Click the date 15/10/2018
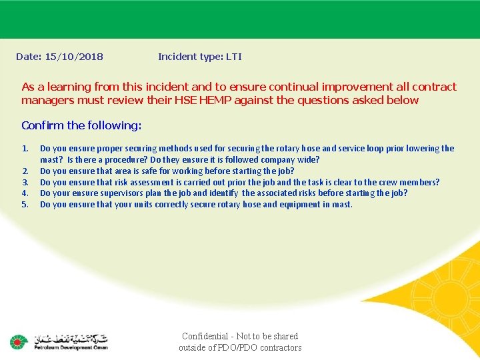(x=74, y=57)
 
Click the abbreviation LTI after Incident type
(x=234, y=57)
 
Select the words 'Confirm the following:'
(x=81, y=125)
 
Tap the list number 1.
(x=25, y=149)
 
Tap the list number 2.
(x=25, y=171)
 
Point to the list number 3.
(x=25, y=183)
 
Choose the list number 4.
(x=25, y=193)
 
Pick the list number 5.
(x=25, y=205)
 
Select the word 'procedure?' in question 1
(x=125, y=160)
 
